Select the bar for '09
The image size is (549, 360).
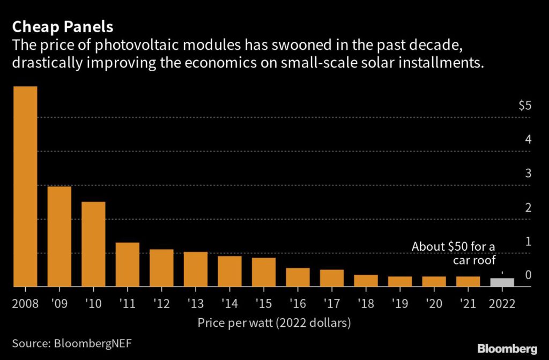tap(59, 236)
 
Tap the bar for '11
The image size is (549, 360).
tap(128, 265)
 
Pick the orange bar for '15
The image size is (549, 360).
tap(264, 272)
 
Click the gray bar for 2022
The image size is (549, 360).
tap(502, 282)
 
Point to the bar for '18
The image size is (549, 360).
tap(366, 281)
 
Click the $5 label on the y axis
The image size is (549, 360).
tap(525, 106)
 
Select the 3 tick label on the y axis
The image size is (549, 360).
tap(528, 173)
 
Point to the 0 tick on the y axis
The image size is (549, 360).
tap(528, 275)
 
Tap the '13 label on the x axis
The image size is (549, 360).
tap(195, 303)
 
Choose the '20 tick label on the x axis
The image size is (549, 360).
tap(434, 303)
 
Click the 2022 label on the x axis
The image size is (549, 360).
tap(502, 303)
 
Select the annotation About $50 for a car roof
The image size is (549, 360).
tap(454, 253)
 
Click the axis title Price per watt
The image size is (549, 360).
tap(273, 322)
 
